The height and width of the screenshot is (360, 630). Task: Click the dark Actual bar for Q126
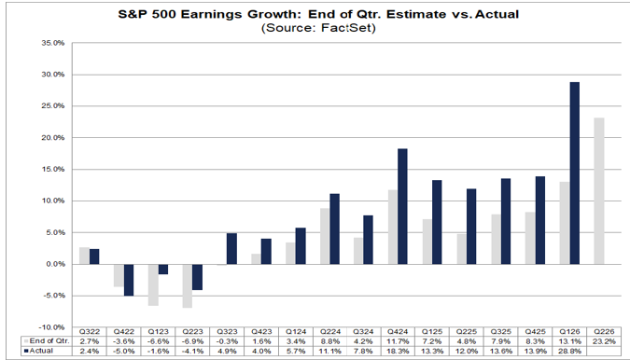pos(575,173)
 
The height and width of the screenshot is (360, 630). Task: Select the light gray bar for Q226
pos(599,191)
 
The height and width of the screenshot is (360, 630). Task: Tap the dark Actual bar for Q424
pos(402,206)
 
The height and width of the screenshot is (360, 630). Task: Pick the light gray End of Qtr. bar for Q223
pos(188,285)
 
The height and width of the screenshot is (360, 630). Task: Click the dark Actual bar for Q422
pos(129,280)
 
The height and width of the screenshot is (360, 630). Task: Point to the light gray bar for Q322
pos(84,256)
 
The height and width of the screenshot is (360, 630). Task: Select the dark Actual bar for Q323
pos(231,248)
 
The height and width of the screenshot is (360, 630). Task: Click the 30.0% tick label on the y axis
pos(52,75)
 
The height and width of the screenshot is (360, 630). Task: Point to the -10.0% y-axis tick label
pos(52,327)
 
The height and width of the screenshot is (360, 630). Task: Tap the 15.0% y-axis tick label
pos(52,170)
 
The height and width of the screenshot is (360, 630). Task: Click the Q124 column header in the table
pos(296,331)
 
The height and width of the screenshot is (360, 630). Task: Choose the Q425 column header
pos(535,331)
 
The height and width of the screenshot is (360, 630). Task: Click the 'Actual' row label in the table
pos(41,351)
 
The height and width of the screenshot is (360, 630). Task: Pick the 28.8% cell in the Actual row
pos(569,352)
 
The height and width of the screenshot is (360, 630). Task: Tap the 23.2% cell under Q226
pos(604,341)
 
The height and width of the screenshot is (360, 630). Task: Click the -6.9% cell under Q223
pos(193,341)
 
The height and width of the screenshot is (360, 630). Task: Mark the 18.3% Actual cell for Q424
pos(398,352)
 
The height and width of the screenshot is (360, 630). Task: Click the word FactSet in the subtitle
pos(348,28)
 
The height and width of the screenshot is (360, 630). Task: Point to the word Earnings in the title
pos(211,14)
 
